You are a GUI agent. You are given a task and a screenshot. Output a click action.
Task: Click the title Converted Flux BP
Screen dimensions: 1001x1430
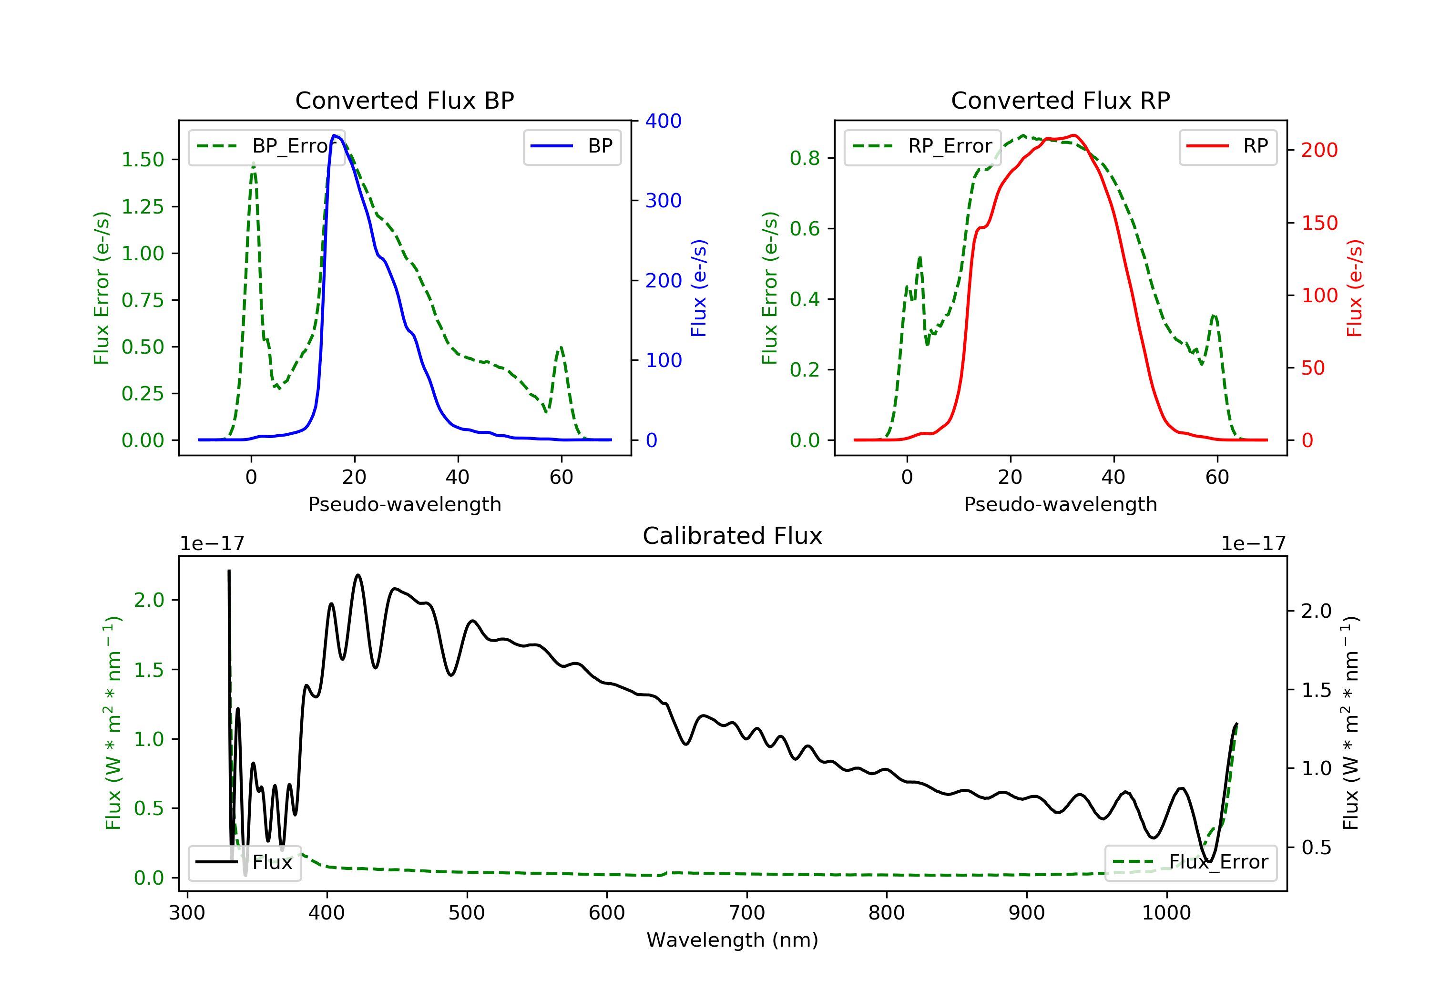tap(404, 100)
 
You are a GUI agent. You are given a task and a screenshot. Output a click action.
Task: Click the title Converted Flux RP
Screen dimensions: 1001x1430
tap(1060, 100)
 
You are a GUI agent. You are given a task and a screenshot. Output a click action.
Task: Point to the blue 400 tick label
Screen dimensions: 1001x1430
tap(664, 121)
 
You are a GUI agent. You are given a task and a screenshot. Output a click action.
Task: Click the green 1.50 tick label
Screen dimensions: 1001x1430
tap(143, 160)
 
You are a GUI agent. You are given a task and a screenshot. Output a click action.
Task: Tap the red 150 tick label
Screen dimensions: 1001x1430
tap(1319, 223)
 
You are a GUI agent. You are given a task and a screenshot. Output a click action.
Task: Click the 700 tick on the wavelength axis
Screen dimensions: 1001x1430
tap(747, 913)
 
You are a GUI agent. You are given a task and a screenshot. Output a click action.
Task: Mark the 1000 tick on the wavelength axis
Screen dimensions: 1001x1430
tap(1166, 913)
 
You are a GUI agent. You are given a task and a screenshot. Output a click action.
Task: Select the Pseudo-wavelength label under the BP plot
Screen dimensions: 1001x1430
tap(404, 504)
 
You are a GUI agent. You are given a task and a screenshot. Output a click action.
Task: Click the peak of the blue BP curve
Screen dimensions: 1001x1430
tap(335, 136)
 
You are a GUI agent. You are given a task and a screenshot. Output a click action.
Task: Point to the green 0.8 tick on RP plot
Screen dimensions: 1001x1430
tap(805, 158)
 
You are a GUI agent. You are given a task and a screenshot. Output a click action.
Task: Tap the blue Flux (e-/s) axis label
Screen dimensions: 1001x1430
tap(699, 288)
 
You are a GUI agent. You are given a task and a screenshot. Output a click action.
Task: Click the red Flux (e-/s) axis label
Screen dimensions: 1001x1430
tap(1355, 288)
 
